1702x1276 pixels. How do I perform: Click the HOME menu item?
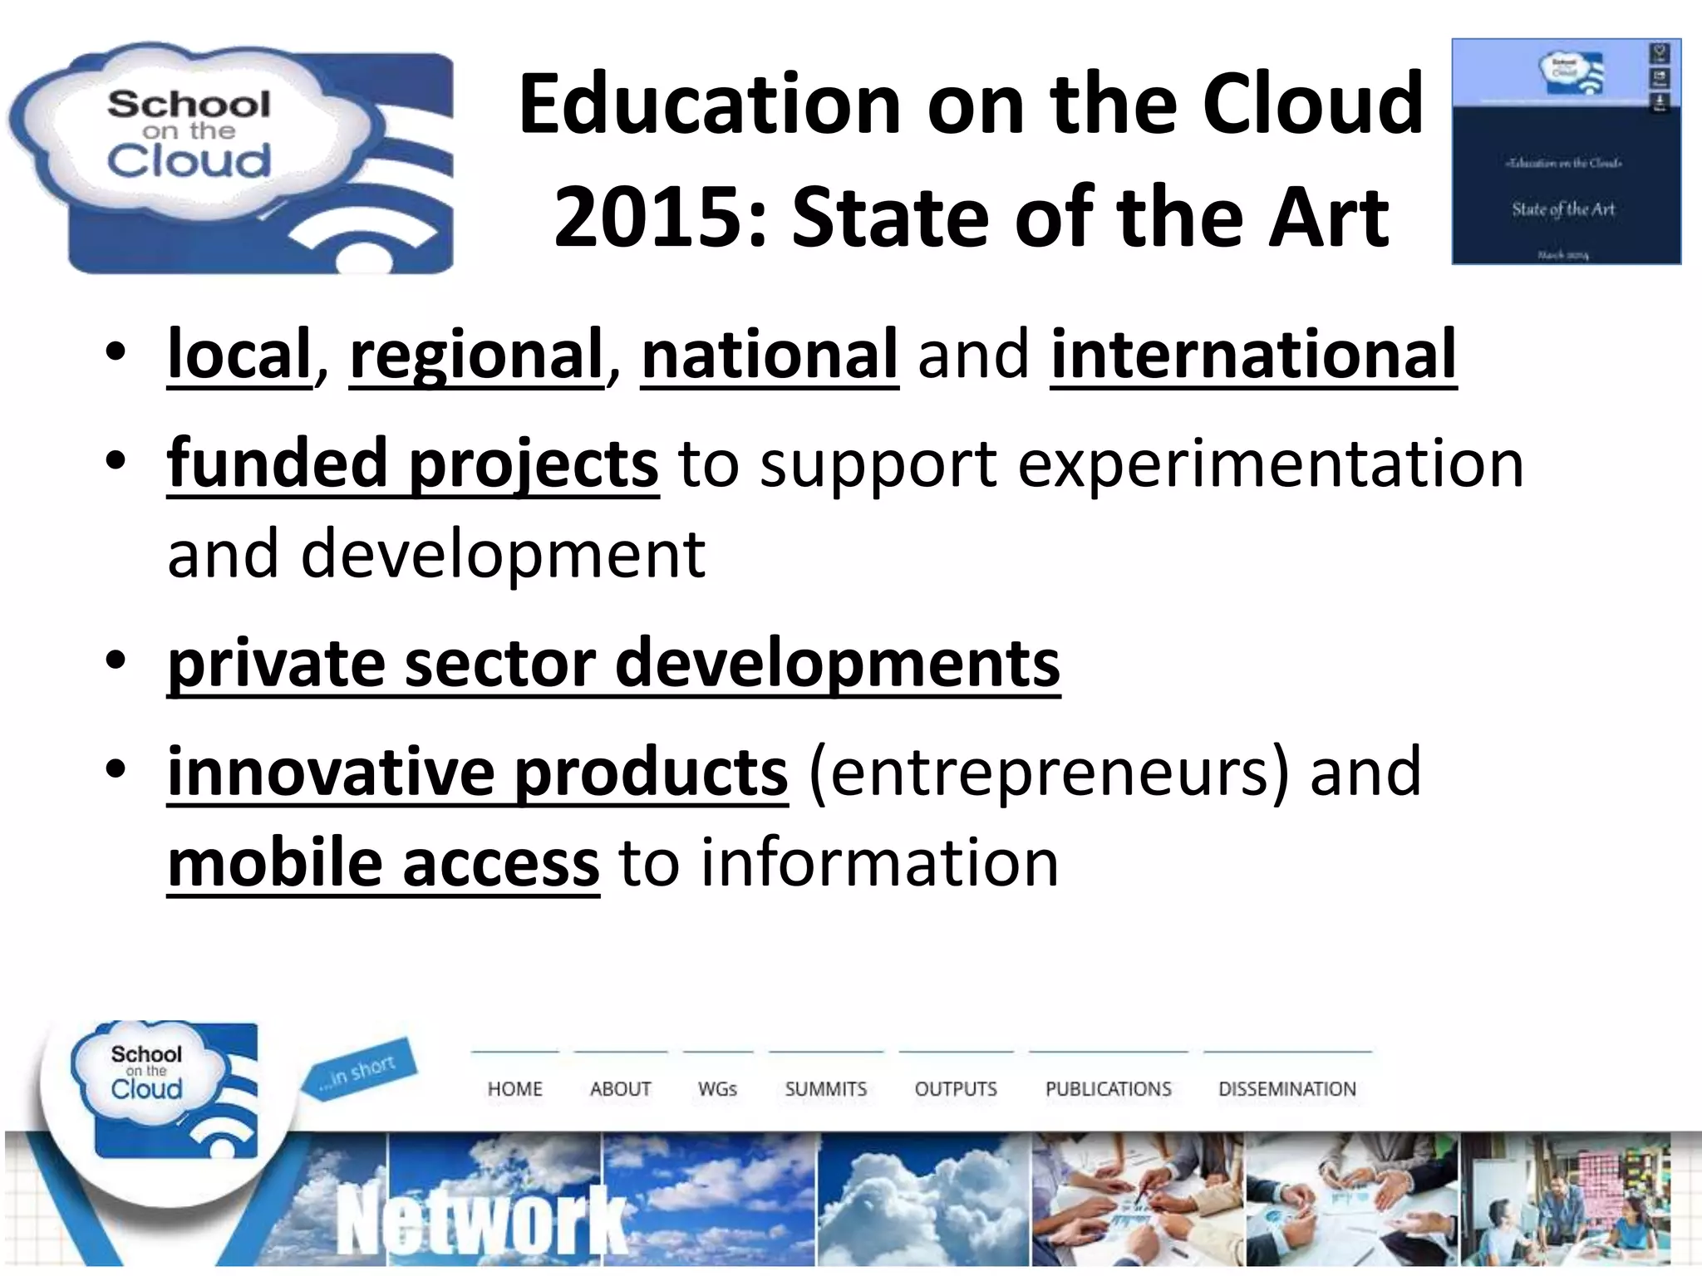514,1088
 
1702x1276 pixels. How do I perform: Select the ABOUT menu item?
620,1088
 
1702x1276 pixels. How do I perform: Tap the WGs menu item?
717,1088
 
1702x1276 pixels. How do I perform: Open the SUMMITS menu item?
825,1088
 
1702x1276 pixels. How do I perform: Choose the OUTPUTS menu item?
956,1088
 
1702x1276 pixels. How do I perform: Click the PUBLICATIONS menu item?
1108,1088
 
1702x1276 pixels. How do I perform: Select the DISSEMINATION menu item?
1286,1088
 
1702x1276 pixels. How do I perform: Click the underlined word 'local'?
239,355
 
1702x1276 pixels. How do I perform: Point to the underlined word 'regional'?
476,355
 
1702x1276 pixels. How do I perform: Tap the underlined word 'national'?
770,355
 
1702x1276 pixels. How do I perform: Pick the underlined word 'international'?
1253,355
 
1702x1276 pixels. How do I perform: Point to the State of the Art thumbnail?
1566,151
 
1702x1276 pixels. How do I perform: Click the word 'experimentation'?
1271,464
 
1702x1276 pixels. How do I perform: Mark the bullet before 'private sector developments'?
116,662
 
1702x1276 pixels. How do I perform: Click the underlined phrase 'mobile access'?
383,864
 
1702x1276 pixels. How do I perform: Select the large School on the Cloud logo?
231,158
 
